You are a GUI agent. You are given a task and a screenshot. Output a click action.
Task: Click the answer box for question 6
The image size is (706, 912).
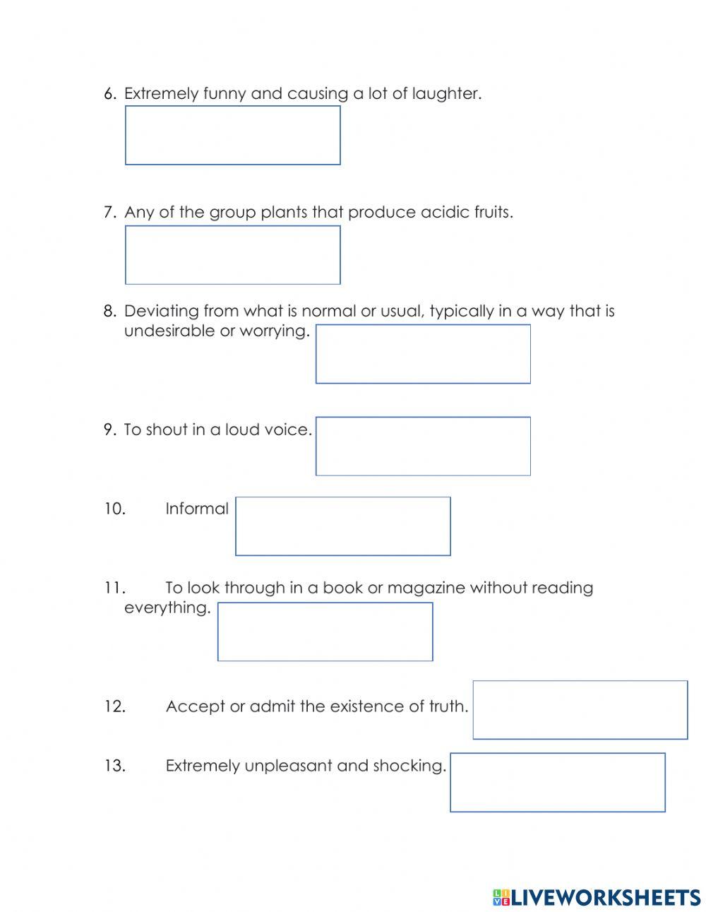232,135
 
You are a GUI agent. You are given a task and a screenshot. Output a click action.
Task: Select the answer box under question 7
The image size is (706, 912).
232,254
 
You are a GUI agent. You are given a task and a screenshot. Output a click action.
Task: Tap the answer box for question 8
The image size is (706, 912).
422,354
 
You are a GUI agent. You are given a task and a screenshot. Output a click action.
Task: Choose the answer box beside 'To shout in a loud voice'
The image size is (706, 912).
422,446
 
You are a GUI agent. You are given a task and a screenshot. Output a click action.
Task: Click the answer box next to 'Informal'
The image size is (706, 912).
342,526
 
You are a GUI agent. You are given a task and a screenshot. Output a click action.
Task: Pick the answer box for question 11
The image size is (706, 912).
325,632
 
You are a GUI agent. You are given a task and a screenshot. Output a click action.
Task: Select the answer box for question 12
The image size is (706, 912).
580,709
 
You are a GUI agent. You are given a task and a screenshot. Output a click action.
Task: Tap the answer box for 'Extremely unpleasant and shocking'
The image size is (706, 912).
557,782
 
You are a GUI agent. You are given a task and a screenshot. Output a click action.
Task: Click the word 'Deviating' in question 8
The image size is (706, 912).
161,311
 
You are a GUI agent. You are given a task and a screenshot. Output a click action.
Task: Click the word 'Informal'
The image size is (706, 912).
196,509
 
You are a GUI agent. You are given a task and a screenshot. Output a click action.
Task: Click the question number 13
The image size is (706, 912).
114,766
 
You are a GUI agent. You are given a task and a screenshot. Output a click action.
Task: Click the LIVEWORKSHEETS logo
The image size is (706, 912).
597,897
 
